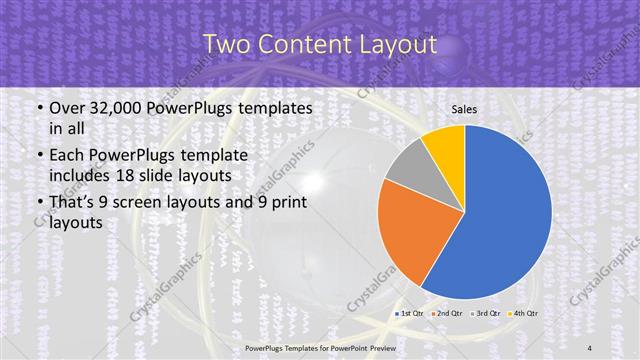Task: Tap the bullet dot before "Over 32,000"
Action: point(38,107)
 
